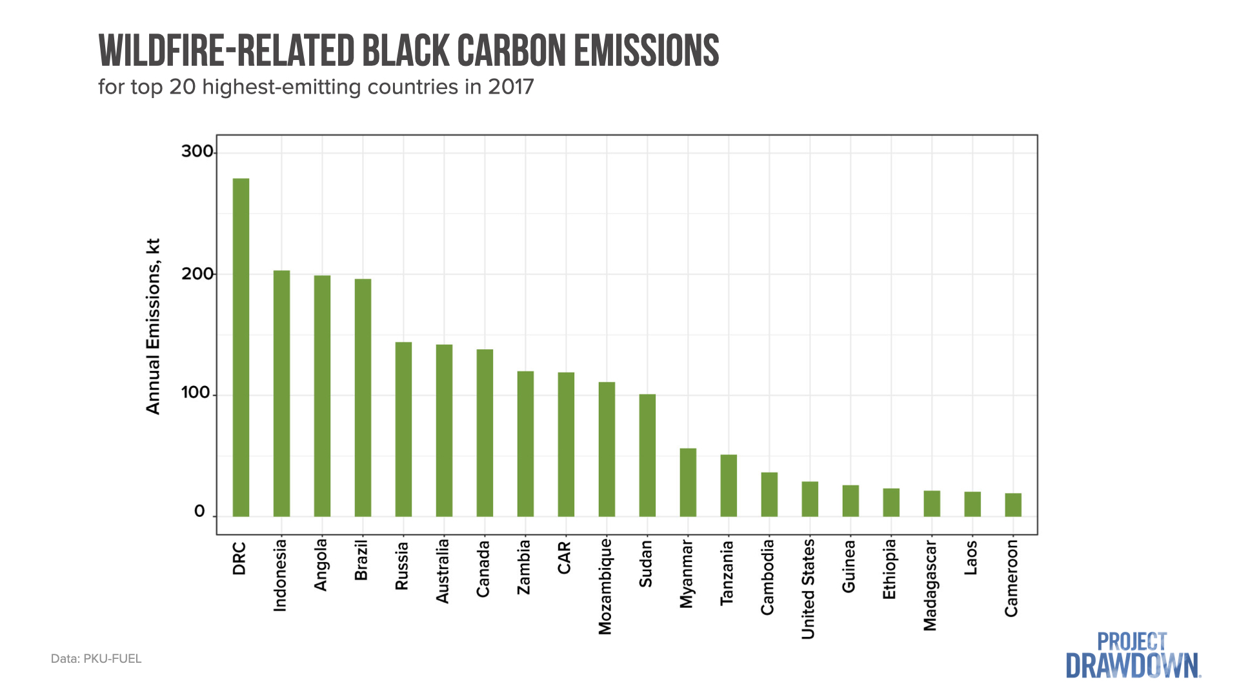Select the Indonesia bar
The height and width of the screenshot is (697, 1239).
pos(281,393)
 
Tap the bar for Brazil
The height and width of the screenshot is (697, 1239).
pos(363,398)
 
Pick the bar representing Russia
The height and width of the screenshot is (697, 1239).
pos(403,429)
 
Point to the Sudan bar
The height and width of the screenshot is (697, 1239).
pos(647,455)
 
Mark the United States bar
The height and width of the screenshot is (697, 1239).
pos(810,499)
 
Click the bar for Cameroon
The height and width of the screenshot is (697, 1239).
pos(1013,505)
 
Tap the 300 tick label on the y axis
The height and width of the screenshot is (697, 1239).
pos(197,152)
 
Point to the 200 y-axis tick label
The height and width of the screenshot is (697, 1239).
pos(197,274)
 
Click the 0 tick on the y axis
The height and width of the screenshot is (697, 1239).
pos(199,512)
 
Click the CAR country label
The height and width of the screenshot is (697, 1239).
pos(564,558)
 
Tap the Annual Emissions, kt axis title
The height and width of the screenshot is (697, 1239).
pos(153,327)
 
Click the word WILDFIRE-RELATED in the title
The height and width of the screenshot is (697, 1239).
pos(227,51)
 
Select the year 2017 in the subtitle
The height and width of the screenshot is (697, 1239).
pos(510,87)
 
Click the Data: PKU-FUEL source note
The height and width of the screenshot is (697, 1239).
pos(96,659)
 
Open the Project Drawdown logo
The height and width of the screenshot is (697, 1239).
pos(1133,656)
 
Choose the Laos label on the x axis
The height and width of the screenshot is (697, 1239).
pos(971,558)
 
